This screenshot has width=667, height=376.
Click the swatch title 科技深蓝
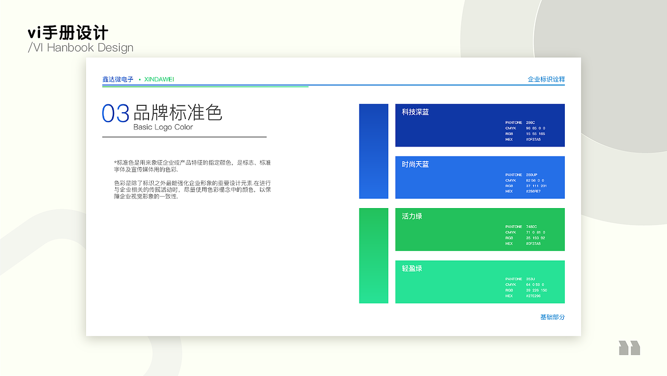pyautogui.click(x=415, y=112)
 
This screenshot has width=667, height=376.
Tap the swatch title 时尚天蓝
pyautogui.click(x=415, y=164)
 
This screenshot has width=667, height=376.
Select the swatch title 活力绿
pyautogui.click(x=412, y=216)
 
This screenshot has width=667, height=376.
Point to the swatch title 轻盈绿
pyautogui.click(x=412, y=269)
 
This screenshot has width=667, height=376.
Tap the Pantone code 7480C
pyautogui.click(x=531, y=227)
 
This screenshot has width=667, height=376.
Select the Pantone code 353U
pyautogui.click(x=530, y=279)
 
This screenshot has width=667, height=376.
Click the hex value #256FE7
pyautogui.click(x=533, y=191)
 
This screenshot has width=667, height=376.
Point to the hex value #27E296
pyautogui.click(x=533, y=296)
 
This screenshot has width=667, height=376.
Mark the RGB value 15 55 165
pyautogui.click(x=535, y=134)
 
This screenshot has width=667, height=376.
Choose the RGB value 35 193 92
pyautogui.click(x=535, y=238)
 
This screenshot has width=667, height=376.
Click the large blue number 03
pyautogui.click(x=115, y=114)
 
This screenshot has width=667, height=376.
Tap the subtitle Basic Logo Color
pyautogui.click(x=163, y=127)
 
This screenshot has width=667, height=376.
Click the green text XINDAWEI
pyautogui.click(x=159, y=79)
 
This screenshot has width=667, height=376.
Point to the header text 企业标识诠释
pyautogui.click(x=546, y=79)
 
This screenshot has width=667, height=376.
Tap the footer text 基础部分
pyautogui.click(x=552, y=317)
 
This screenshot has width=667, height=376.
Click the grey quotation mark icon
pyautogui.click(x=629, y=348)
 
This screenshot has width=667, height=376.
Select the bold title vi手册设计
pyautogui.click(x=68, y=33)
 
